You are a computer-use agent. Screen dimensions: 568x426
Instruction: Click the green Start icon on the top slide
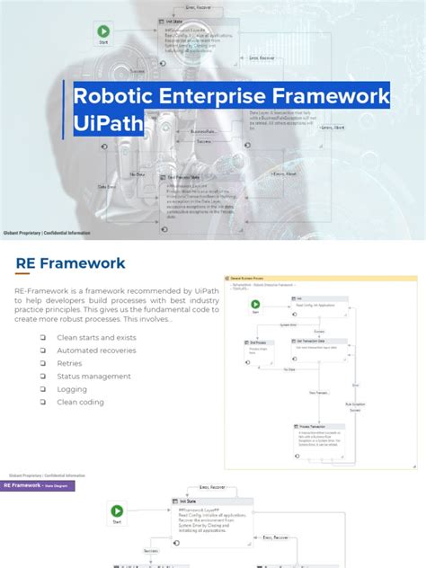pyautogui.click(x=102, y=31)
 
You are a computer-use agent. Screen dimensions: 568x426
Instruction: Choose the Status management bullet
pyautogui.click(x=94, y=377)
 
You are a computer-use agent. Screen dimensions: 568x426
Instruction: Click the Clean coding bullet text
pyautogui.click(x=80, y=403)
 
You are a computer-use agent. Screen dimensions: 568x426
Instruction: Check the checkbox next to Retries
pyautogui.click(x=42, y=363)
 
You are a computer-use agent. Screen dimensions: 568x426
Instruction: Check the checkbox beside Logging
pyautogui.click(x=42, y=389)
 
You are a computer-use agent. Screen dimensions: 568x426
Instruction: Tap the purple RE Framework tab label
pyautogui.click(x=38, y=485)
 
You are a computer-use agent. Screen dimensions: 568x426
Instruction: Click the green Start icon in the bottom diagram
pyautogui.click(x=117, y=511)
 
